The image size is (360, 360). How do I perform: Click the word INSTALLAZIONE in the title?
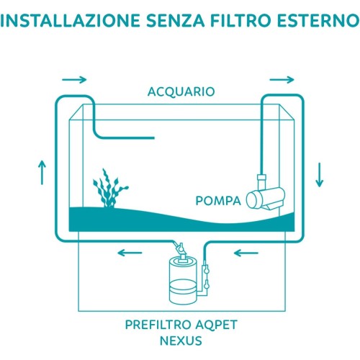70,21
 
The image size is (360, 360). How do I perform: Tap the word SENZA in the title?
175,21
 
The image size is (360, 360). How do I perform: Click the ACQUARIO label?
181,92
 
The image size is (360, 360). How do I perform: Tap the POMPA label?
218,201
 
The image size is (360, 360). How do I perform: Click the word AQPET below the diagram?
216,325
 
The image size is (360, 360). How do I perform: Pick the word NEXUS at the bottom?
181,341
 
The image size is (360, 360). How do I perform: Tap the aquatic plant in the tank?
109,189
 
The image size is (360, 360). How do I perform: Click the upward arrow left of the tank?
42,173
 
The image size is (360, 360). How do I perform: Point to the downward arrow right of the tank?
320,175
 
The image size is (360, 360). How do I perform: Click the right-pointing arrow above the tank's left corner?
74,79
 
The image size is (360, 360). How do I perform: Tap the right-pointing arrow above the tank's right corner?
282,79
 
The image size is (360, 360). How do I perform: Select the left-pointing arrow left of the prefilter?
130,253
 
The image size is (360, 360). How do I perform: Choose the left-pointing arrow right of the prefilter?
246,253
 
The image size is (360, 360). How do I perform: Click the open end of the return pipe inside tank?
153,138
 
